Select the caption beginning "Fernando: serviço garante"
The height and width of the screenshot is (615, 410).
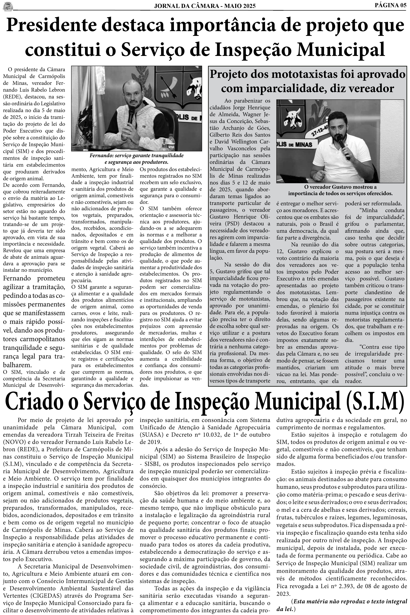coord(137,159)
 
